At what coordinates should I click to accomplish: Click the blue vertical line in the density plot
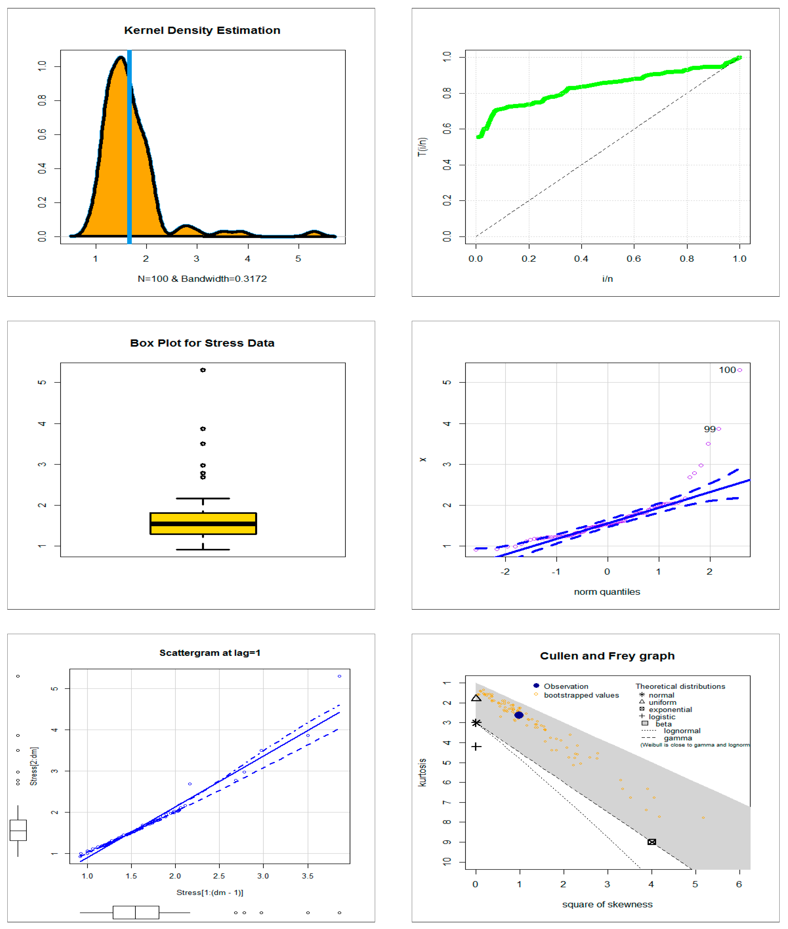(130, 147)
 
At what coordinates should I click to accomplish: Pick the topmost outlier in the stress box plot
(203, 370)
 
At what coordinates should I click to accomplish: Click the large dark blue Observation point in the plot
(519, 715)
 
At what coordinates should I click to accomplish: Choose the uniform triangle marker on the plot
(476, 698)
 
